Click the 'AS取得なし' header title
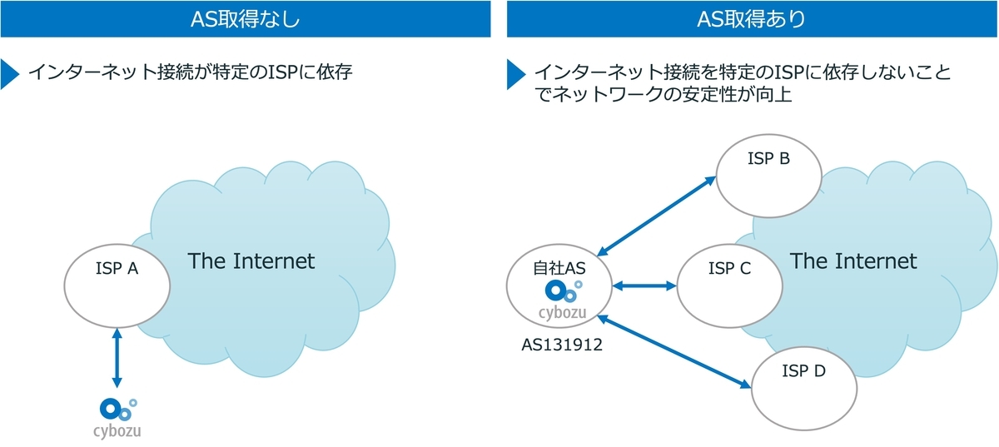pyautogui.click(x=246, y=19)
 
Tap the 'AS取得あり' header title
pyautogui.click(x=752, y=19)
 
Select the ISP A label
pyautogui.click(x=117, y=268)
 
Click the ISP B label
pyautogui.click(x=769, y=158)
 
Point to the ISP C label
pyautogui.click(x=729, y=268)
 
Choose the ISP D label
pyautogui.click(x=803, y=370)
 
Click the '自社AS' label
pyautogui.click(x=559, y=268)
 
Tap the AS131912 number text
pyautogui.click(x=562, y=345)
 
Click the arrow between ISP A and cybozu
pyautogui.click(x=117, y=358)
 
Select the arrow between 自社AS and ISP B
pyautogui.click(x=656, y=216)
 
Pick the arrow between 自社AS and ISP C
pyautogui.click(x=644, y=286)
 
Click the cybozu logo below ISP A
pyautogui.click(x=117, y=419)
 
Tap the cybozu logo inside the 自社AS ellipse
pyautogui.click(x=563, y=300)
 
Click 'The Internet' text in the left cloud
pyautogui.click(x=251, y=261)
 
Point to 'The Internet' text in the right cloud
pyautogui.click(x=853, y=261)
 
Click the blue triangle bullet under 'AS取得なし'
pyautogui.click(x=10, y=74)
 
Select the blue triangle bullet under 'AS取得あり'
pyautogui.click(x=516, y=74)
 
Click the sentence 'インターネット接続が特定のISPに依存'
pyautogui.click(x=191, y=72)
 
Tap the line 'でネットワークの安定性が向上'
pyautogui.click(x=663, y=94)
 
